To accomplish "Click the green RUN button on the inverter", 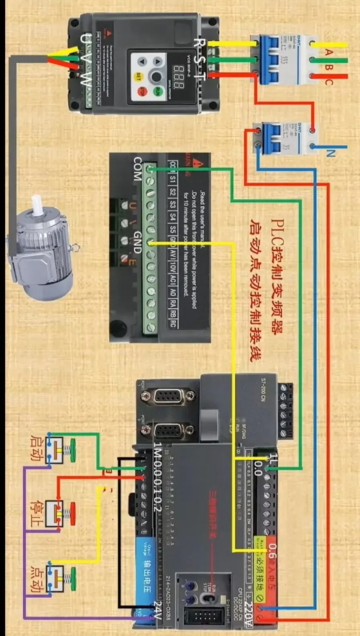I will pos(158,92).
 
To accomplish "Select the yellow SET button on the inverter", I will pos(139,76).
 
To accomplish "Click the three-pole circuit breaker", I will pos(277,60).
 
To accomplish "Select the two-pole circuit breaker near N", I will pos(277,139).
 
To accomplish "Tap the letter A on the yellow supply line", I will pos(329,52).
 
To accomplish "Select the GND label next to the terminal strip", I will pos(138,242).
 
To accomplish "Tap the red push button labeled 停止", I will pos(71,513).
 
